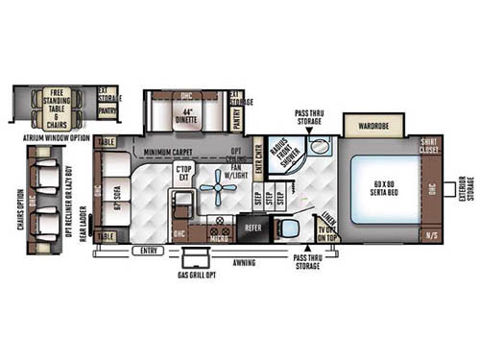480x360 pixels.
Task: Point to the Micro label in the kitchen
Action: coord(218,238)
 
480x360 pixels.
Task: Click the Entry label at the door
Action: coord(149,251)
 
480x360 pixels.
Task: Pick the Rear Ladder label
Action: coord(84,227)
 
